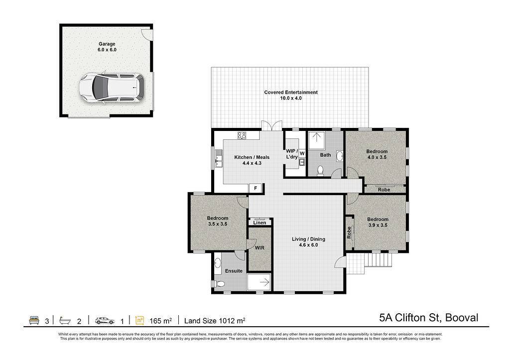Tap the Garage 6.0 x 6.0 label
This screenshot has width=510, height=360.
pos(107,47)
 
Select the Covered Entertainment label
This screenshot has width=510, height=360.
pos(290,92)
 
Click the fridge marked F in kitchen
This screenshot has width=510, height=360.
pos(255,188)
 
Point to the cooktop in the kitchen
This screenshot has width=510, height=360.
pos(242,135)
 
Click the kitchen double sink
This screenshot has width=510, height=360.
pos(218,159)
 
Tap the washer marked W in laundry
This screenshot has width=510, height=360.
pos(302,153)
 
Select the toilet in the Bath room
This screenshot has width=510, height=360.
pos(320,170)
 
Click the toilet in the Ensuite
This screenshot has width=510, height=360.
pos(220,284)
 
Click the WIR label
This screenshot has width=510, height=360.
pos(259,248)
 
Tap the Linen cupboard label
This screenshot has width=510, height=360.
pos(259,223)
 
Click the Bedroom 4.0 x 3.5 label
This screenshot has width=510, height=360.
pos(377,154)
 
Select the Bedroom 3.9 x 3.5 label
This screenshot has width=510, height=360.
pos(378,222)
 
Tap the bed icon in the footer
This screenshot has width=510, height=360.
pos(34,320)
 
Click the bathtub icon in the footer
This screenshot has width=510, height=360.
pos(65,321)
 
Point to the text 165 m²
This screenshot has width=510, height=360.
pos(160,321)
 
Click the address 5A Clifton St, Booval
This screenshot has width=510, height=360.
pos(429,317)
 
